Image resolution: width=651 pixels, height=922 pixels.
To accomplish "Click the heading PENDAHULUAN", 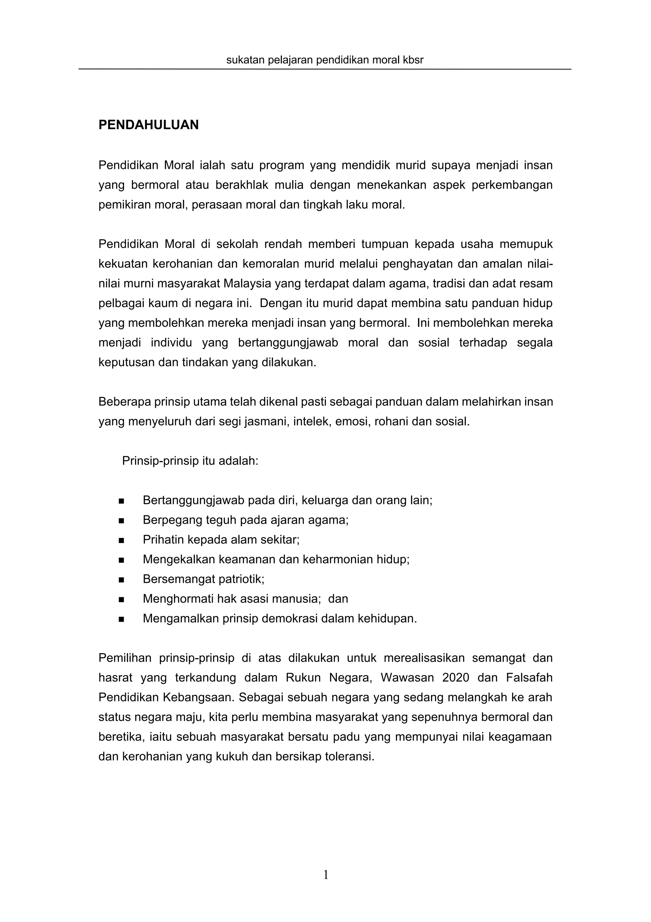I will coord(148,125).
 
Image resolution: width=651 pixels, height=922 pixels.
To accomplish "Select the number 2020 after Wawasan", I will coord(455,678).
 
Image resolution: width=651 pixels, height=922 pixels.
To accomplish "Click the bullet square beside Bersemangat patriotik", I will coord(121,579).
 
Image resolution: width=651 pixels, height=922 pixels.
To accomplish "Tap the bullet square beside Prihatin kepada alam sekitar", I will coord(121,540).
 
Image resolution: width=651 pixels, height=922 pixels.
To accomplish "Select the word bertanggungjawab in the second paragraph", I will coord(288,343).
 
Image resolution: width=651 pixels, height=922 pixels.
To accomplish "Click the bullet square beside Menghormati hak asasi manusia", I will coord(121,599).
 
